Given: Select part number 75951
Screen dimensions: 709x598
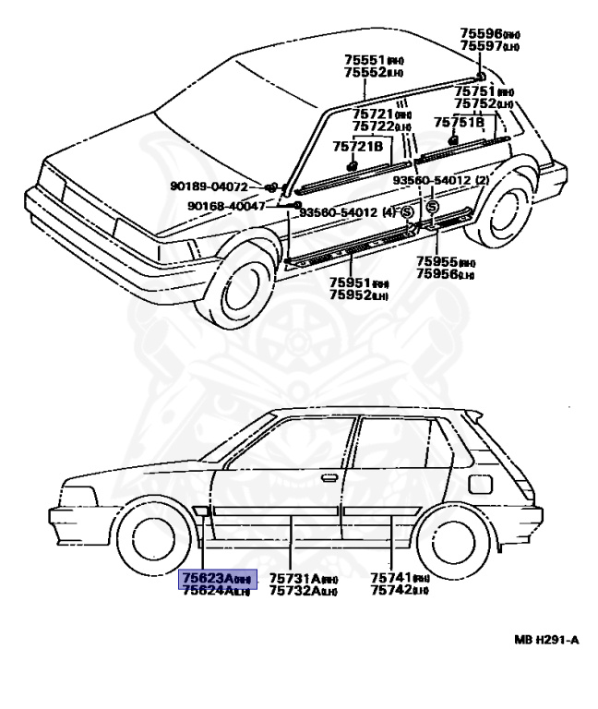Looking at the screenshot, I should tap(352, 282).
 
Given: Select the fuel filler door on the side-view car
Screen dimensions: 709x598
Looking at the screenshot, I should tap(481, 484).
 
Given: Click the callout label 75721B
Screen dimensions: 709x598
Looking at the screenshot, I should tap(357, 146).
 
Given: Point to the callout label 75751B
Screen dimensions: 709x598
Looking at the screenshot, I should tap(459, 122).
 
